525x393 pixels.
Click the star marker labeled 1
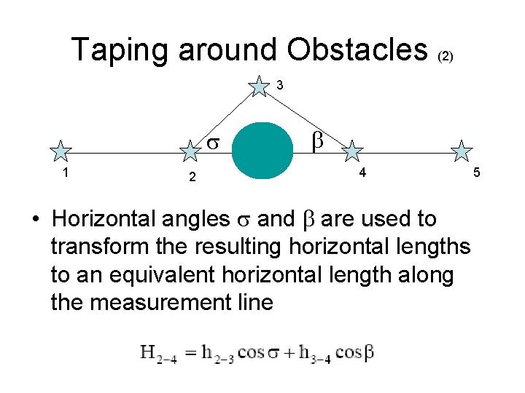pyautogui.click(x=61, y=151)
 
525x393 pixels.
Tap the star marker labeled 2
pyautogui.click(x=190, y=151)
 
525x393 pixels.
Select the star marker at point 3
pyautogui.click(x=259, y=86)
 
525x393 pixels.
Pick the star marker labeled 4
pyautogui.click(x=353, y=151)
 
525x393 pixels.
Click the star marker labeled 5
pyautogui.click(x=462, y=151)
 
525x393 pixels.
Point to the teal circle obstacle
pyautogui.click(x=261, y=151)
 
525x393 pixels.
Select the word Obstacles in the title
pyautogui.click(x=357, y=49)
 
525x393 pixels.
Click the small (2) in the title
pyautogui.click(x=446, y=56)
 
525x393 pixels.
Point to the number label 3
pyautogui.click(x=280, y=86)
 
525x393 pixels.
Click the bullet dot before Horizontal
pyautogui.click(x=44, y=219)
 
